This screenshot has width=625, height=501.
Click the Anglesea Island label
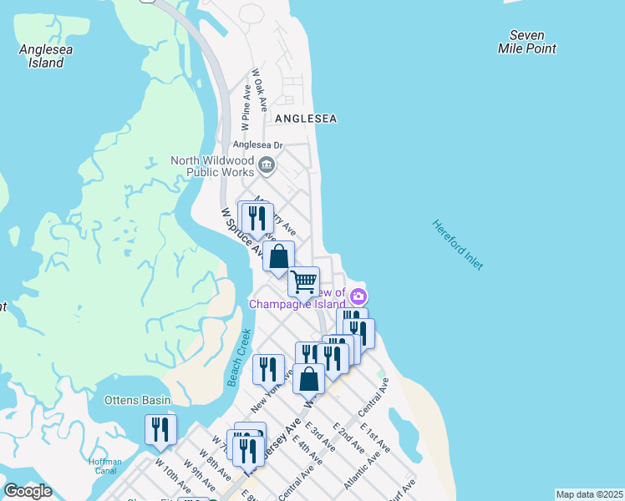point(46,56)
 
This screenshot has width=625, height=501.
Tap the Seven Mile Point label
point(526,42)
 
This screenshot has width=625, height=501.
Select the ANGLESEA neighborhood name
point(306,119)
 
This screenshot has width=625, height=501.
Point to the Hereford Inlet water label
point(457,244)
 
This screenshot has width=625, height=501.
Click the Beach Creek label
point(239,358)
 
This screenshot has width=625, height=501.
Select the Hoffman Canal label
point(105,467)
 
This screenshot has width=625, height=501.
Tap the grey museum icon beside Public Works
point(267,164)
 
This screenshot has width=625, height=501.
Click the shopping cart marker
point(304,281)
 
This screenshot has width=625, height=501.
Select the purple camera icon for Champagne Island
point(358,296)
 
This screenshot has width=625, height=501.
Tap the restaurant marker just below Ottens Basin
point(160,429)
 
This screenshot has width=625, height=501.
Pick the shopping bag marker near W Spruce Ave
point(278,256)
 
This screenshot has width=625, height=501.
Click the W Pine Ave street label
point(246,108)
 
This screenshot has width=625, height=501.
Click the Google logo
point(28,490)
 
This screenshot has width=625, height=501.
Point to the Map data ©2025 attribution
point(589,494)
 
